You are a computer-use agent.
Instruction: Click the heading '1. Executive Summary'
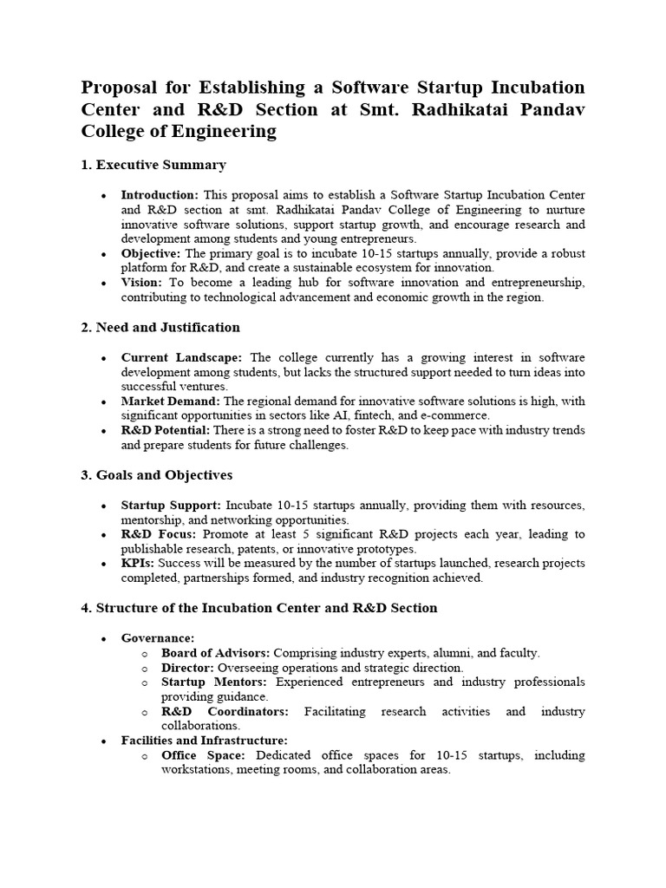click(153, 165)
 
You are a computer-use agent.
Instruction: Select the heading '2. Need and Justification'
click(160, 328)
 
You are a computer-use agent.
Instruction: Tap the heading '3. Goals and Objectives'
click(156, 475)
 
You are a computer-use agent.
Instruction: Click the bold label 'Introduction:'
click(160, 195)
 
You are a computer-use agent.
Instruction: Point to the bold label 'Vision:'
click(141, 283)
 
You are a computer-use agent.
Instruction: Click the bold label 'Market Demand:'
click(171, 402)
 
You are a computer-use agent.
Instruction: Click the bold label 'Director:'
click(188, 668)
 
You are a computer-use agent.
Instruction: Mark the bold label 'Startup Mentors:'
click(215, 682)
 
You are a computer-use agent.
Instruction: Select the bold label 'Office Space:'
click(197, 755)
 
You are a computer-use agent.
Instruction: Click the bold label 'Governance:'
click(158, 638)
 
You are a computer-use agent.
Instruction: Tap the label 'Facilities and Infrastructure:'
click(205, 741)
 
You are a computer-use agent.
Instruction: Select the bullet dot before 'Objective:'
click(105, 254)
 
